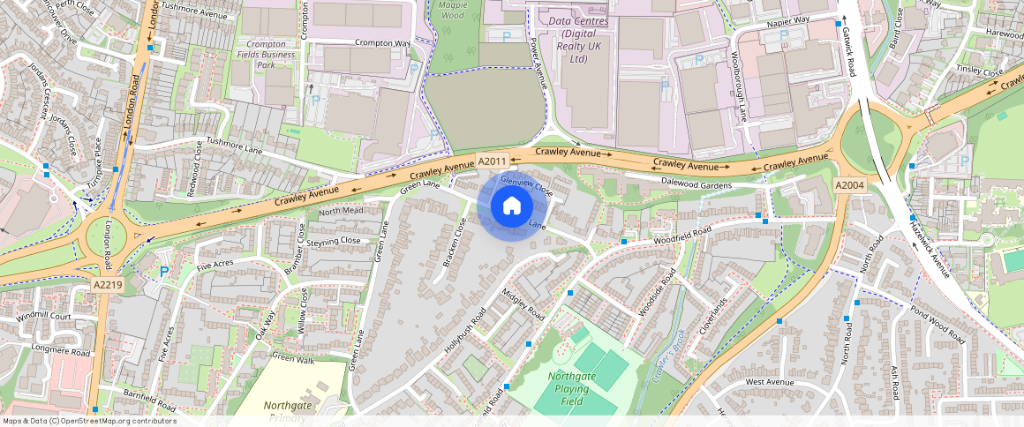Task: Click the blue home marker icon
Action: (x=512, y=206)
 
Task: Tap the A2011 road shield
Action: (x=492, y=161)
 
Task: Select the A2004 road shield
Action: (x=849, y=185)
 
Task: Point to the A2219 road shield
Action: (x=108, y=285)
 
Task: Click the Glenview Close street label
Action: (x=526, y=184)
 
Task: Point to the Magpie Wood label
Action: (x=451, y=10)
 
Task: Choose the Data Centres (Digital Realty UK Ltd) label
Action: (x=578, y=40)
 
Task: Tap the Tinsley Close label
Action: (x=980, y=71)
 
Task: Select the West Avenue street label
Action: (x=770, y=382)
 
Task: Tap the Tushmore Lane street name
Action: (x=236, y=147)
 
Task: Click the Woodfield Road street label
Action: (x=681, y=236)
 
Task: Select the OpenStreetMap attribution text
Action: (x=88, y=421)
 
